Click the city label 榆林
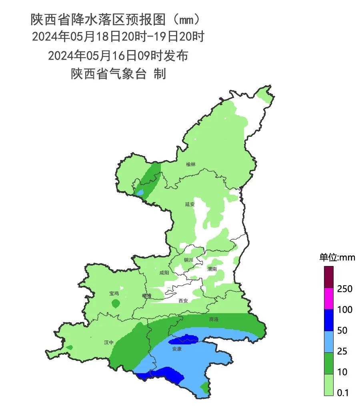tap(191, 164)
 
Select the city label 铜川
tap(188, 260)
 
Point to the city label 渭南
tap(212, 269)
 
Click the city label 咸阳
tap(164, 273)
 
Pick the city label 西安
tap(183, 300)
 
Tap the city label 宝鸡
tap(114, 294)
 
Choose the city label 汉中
tap(108, 342)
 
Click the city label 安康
tap(177, 349)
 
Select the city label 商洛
tap(214, 320)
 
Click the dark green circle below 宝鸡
tap(115, 304)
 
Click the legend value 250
tap(344, 289)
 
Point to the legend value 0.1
tap(343, 393)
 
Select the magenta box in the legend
tap(328, 298)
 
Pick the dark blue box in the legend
tap(328, 320)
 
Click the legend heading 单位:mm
tap(337, 258)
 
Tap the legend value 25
tap(342, 351)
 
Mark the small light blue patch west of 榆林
tap(140, 192)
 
